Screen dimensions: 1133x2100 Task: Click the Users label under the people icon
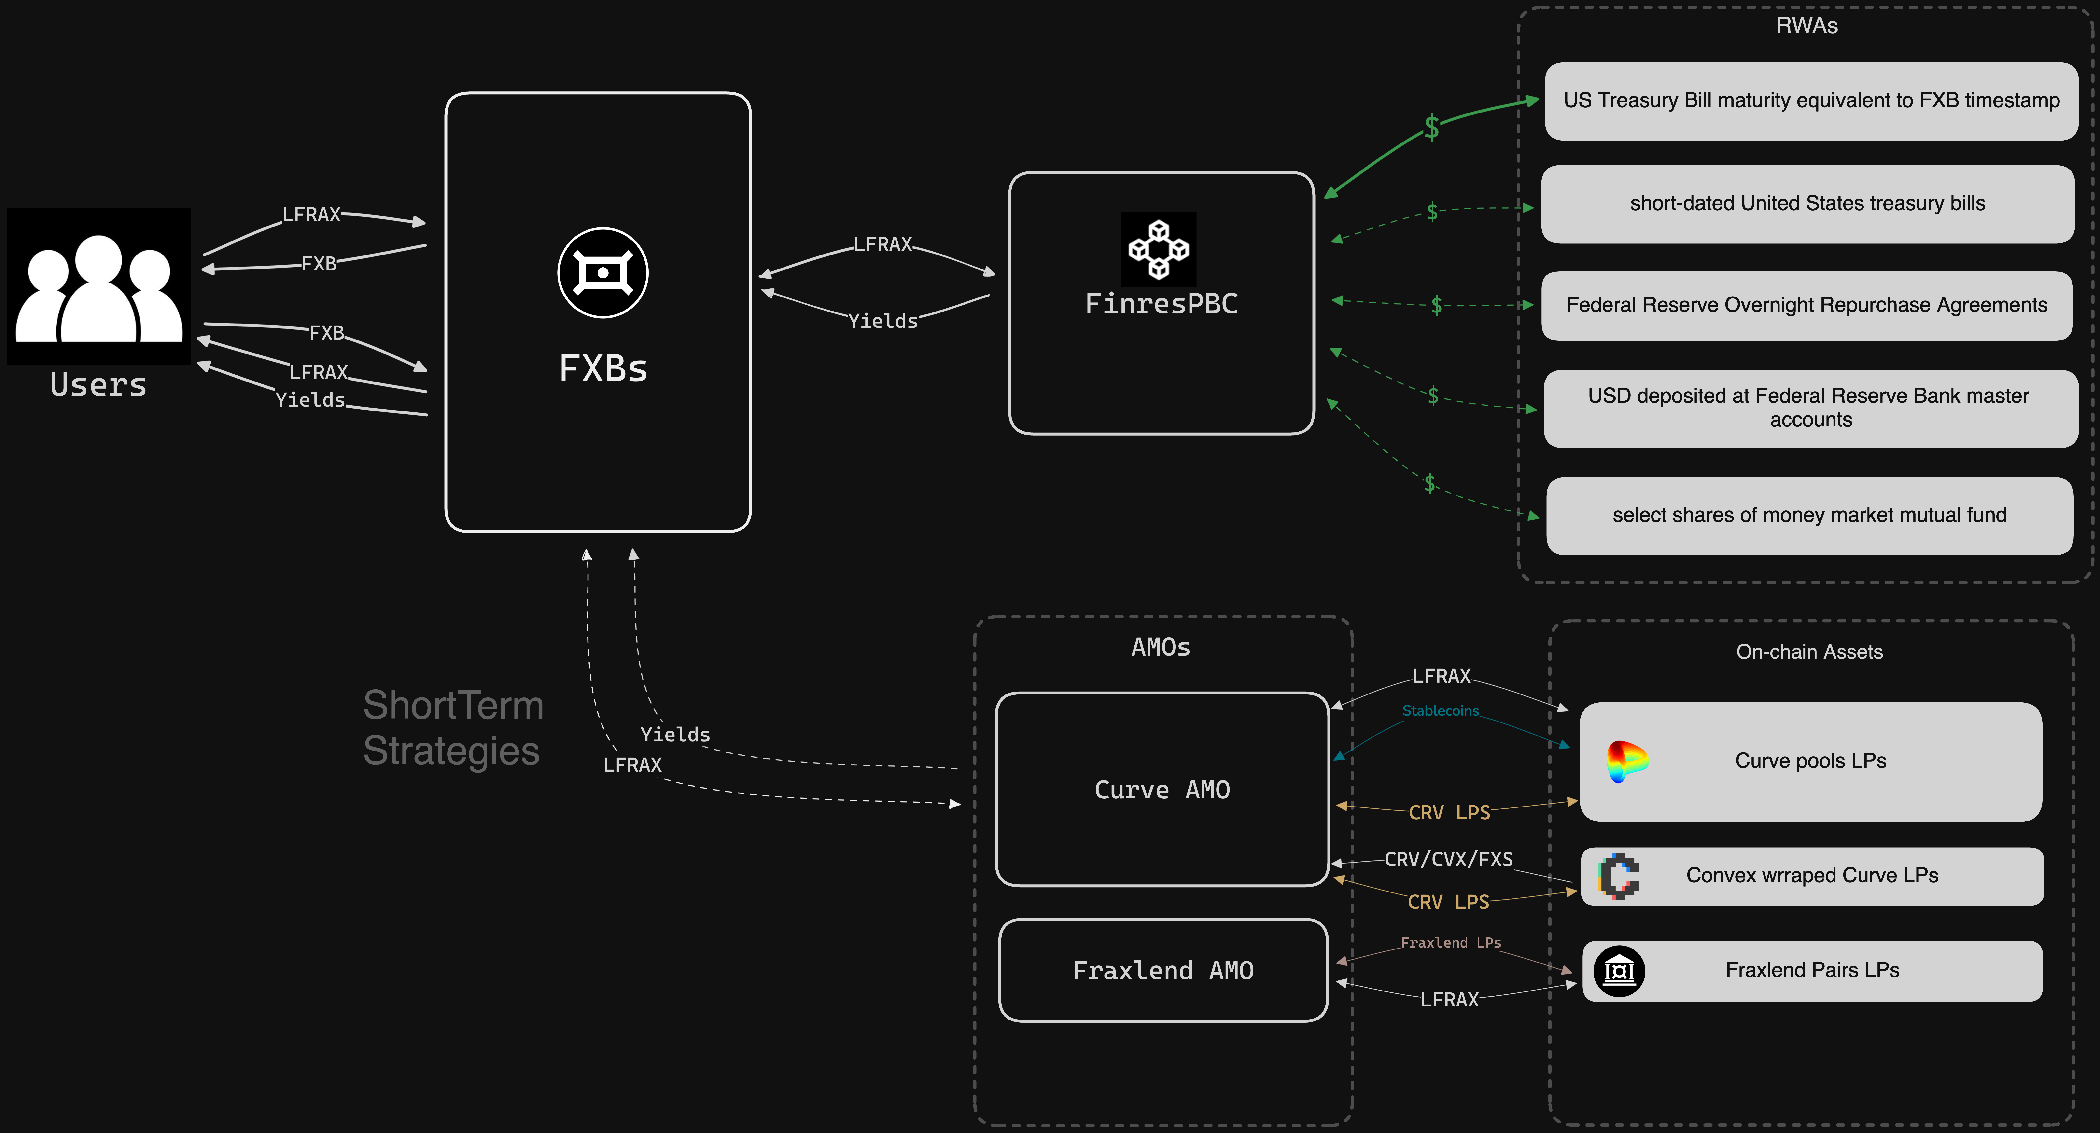99,385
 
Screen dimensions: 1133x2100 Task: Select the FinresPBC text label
1161,304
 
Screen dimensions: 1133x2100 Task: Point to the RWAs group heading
1806,26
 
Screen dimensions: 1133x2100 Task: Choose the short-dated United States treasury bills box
1807,204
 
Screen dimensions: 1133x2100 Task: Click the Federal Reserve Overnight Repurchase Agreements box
1806,306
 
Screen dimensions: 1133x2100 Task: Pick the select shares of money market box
1809,515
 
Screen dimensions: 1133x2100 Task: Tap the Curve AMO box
1162,789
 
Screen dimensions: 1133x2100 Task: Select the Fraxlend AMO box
1162,970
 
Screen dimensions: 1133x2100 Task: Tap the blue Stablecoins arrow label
1440,711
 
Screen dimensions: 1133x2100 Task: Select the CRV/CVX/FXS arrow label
1449,859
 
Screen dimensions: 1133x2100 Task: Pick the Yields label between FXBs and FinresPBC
883,321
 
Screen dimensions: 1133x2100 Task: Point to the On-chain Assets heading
1809,652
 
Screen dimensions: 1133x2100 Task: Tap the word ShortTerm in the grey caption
453,705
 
